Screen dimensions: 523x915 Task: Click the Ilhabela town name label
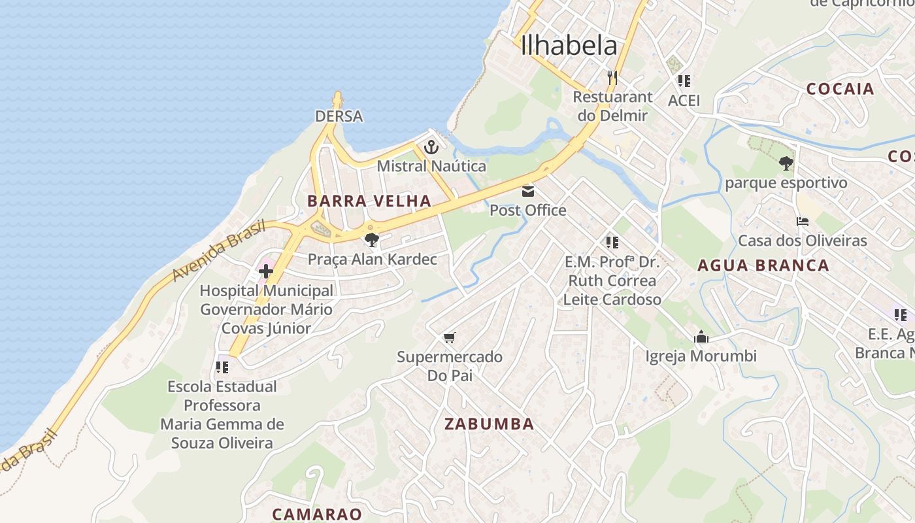click(x=569, y=45)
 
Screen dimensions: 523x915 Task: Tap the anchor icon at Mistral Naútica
click(x=431, y=148)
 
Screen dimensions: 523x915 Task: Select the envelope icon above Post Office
click(x=528, y=192)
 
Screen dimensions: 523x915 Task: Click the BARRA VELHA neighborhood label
click(x=369, y=201)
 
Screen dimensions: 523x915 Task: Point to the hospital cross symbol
click(x=266, y=271)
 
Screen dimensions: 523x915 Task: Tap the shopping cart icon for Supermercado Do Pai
click(x=449, y=338)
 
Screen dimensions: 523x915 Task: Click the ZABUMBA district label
click(x=489, y=424)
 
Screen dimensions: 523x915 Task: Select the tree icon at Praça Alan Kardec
click(x=372, y=240)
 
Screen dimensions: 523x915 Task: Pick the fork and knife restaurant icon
click(x=612, y=78)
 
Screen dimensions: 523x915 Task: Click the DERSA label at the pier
click(x=339, y=116)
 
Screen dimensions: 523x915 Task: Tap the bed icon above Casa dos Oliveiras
click(x=803, y=222)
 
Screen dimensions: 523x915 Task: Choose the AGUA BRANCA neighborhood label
click(x=763, y=265)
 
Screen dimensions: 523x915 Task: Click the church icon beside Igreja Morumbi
click(x=701, y=337)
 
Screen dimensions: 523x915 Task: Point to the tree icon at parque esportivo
click(x=786, y=163)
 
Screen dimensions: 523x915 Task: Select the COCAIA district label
click(x=840, y=89)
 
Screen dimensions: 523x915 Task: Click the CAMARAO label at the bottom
click(x=317, y=514)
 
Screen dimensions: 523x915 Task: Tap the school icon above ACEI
click(x=684, y=81)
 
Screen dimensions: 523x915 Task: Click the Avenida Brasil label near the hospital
click(x=218, y=252)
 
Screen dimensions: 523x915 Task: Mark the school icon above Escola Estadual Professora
click(x=222, y=367)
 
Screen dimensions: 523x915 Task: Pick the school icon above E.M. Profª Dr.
click(x=612, y=243)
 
